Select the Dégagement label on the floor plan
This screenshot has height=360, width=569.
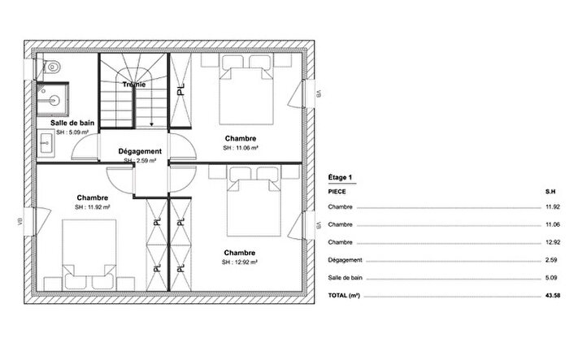click(140, 151)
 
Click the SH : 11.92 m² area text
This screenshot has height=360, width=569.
click(92, 208)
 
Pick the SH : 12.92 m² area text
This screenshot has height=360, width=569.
click(240, 262)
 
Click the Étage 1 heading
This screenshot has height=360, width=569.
click(340, 176)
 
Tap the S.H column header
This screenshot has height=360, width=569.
click(549, 192)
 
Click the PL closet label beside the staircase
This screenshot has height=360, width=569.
click(180, 89)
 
